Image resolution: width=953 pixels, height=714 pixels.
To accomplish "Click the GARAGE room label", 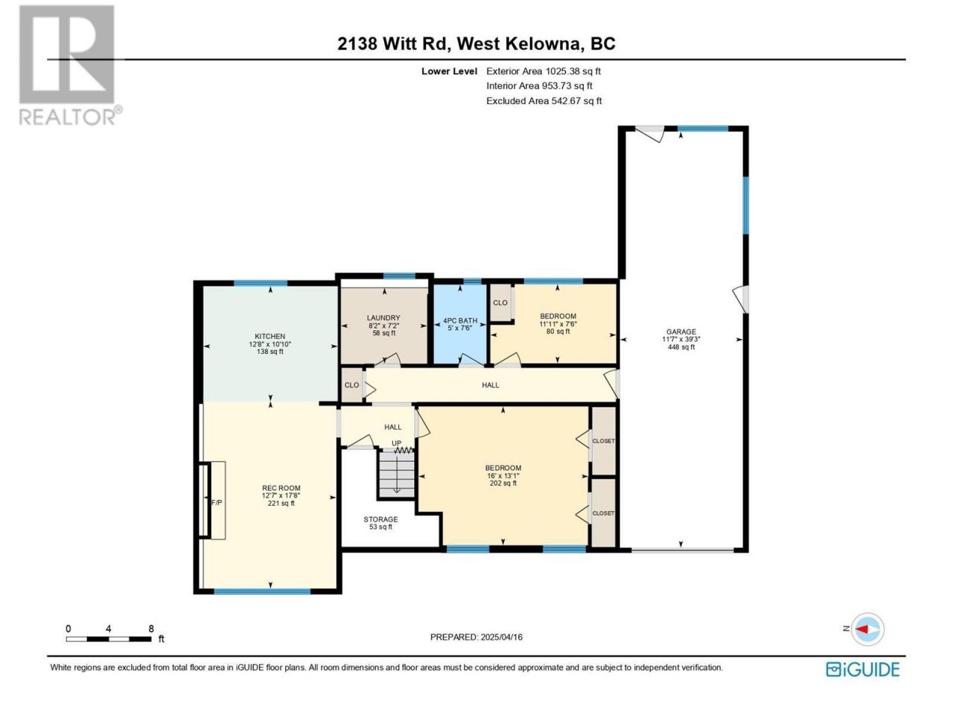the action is click(x=681, y=332).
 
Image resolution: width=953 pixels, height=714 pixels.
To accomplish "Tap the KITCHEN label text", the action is click(x=270, y=336).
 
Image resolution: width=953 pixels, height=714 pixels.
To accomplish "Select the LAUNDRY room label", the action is click(x=383, y=318).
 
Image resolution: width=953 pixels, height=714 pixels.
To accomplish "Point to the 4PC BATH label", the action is click(x=460, y=321).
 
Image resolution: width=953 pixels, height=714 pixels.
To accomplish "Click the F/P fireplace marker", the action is click(x=216, y=503).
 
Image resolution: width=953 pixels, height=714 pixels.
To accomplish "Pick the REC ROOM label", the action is click(x=281, y=488).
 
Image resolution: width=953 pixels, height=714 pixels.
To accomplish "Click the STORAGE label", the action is click(x=380, y=519).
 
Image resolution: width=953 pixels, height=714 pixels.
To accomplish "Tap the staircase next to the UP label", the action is click(x=397, y=474).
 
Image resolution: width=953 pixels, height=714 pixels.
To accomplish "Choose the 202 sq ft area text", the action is click(x=503, y=483).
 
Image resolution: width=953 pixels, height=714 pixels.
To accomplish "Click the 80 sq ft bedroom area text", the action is click(x=558, y=331).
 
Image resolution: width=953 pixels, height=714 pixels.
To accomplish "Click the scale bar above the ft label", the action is click(x=109, y=639).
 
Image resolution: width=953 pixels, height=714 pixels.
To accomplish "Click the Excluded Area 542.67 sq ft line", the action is click(x=544, y=100).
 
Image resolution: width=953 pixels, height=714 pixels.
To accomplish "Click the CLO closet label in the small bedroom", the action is click(x=500, y=303).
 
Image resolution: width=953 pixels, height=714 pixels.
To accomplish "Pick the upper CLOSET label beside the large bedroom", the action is click(x=603, y=441).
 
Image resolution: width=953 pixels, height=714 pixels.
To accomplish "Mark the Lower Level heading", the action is click(x=449, y=71).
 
